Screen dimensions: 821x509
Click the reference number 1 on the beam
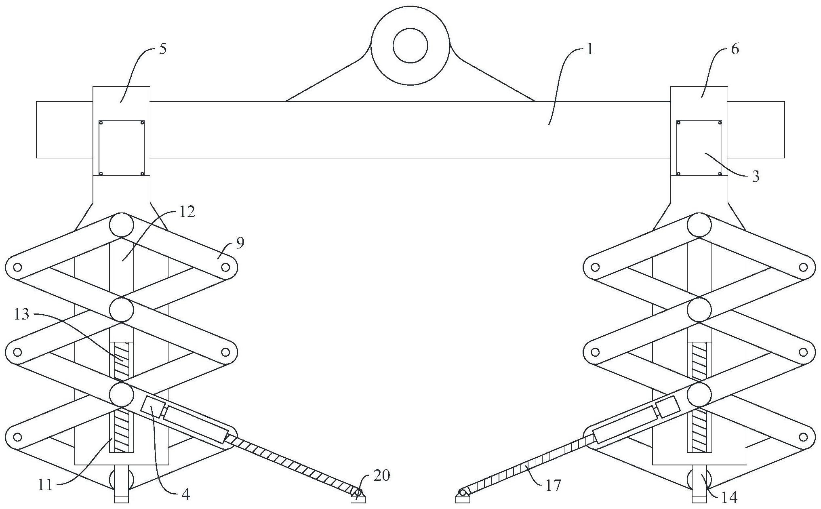pos(589,50)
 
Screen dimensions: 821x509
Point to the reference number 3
pos(756,177)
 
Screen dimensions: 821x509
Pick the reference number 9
pos(240,243)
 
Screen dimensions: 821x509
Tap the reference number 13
pos(22,314)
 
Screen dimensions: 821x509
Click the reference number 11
pos(45,484)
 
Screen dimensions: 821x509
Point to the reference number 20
pos(382,475)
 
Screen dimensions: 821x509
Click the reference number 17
pos(553,485)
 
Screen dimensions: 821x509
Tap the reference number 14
pos(729,498)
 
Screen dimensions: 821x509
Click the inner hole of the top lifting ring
pos(410,45)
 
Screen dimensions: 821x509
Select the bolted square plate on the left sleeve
pos(122,148)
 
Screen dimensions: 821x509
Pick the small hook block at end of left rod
pos(358,496)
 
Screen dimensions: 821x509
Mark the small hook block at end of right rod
pos(463,496)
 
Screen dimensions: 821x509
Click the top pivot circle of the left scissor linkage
pos(121,225)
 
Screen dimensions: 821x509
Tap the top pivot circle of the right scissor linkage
pos(699,225)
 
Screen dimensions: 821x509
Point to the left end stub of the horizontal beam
pos(65,129)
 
